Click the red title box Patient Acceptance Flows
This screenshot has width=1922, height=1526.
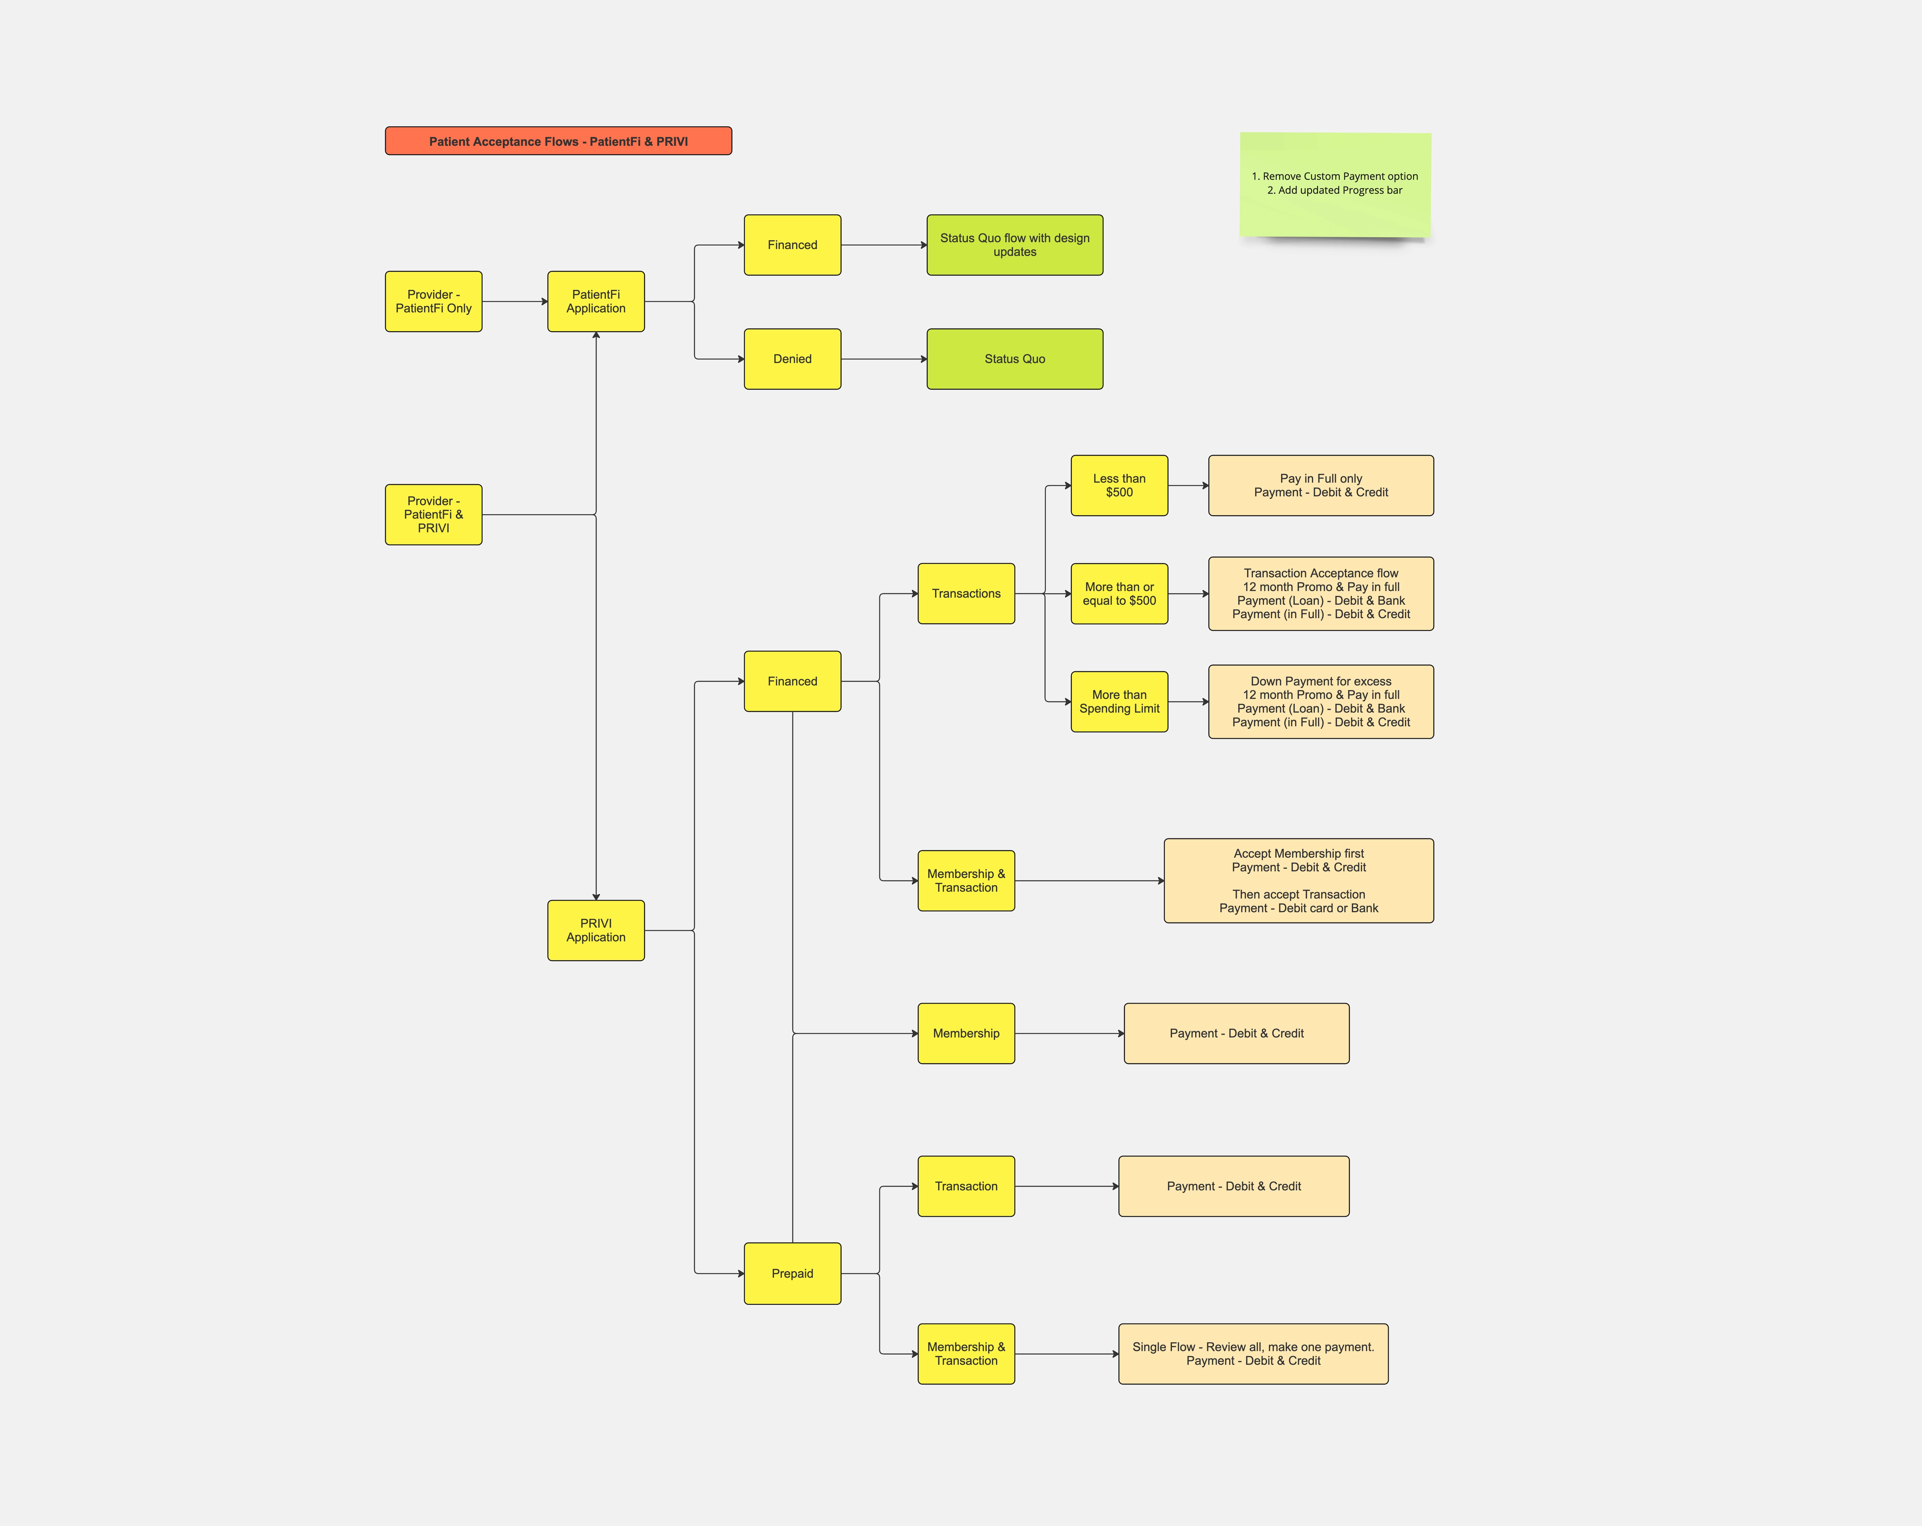pyautogui.click(x=558, y=141)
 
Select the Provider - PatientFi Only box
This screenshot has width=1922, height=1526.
pyautogui.click(x=433, y=301)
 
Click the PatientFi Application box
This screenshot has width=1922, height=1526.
pyautogui.click(x=595, y=301)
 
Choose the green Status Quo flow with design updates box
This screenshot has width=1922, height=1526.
pyautogui.click(x=1015, y=245)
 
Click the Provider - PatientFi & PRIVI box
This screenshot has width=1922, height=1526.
pyautogui.click(x=433, y=514)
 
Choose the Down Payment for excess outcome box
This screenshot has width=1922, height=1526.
pyautogui.click(x=1321, y=702)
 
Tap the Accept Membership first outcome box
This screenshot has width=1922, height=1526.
pyautogui.click(x=1299, y=881)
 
